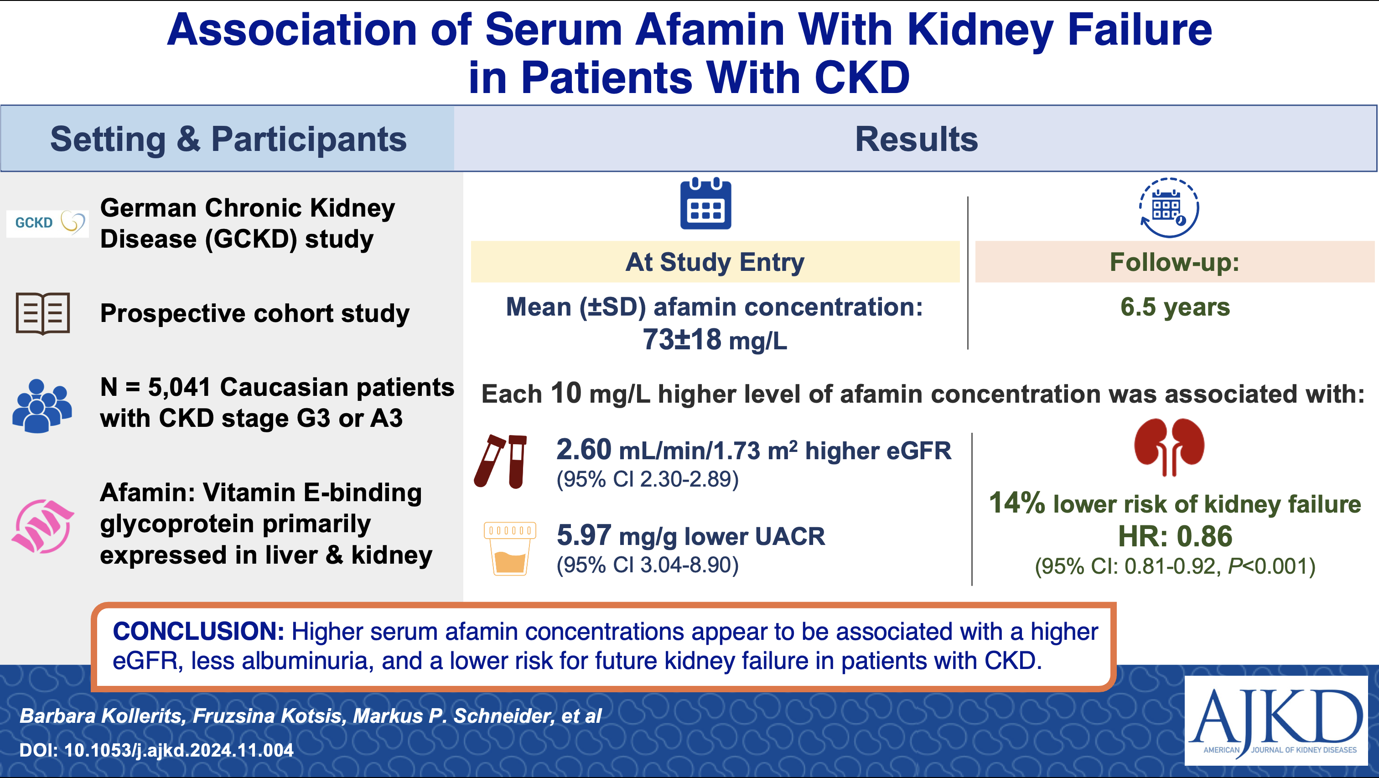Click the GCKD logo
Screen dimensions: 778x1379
[47, 223]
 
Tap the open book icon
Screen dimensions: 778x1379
[43, 313]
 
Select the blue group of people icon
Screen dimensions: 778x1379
[42, 405]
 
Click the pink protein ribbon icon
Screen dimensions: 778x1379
[43, 526]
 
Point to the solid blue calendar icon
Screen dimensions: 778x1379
[705, 205]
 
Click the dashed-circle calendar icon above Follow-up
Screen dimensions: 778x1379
[1169, 208]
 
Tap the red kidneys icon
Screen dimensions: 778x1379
[1169, 446]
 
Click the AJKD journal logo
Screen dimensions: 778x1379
[1275, 720]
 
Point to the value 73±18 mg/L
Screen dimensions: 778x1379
[715, 339]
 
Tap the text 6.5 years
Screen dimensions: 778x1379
[1175, 307]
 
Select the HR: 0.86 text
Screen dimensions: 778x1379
[1175, 536]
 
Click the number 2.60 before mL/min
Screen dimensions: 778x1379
[584, 449]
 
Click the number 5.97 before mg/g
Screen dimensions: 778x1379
[584, 535]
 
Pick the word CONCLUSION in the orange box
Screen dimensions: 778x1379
[198, 631]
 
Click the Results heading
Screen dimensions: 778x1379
[916, 139]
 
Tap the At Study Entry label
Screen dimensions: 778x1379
[715, 262]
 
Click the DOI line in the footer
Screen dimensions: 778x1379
[156, 750]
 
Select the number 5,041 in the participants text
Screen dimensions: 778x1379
[179, 387]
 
